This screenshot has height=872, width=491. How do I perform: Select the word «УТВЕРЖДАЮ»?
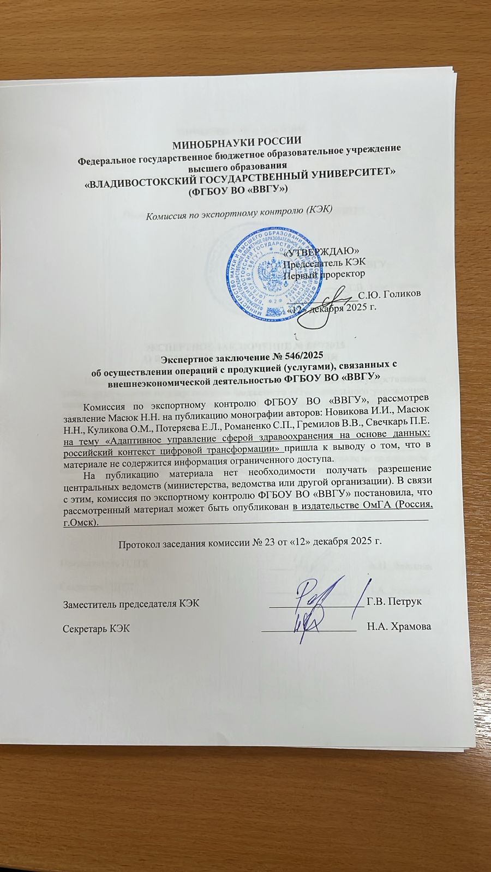point(322,252)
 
